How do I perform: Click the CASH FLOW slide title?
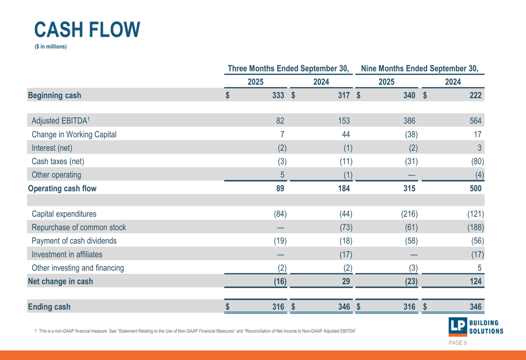(87, 29)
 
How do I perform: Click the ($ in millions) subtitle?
(50, 47)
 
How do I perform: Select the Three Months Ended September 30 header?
(289, 68)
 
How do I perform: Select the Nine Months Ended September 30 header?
(420, 68)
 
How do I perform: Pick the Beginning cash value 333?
(278, 96)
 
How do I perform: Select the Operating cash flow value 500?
(475, 189)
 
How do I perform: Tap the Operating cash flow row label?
(62, 189)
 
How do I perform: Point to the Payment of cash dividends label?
(74, 241)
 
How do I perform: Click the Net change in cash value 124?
(475, 281)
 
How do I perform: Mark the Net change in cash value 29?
(346, 281)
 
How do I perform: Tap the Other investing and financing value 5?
(479, 268)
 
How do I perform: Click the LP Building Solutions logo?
(476, 326)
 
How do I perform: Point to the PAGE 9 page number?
(457, 343)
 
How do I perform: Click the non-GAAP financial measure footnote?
(195, 331)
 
